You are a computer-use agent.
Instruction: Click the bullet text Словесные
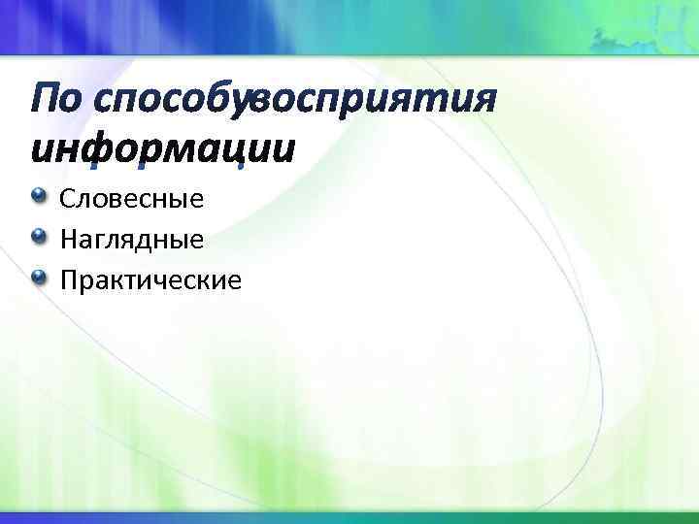(x=131, y=200)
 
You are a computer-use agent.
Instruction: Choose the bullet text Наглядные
(x=131, y=240)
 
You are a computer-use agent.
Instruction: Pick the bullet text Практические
(x=150, y=280)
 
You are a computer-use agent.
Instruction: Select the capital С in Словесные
(x=67, y=200)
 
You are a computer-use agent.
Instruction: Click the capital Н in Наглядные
(x=68, y=240)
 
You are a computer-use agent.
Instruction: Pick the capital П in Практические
(x=68, y=280)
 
